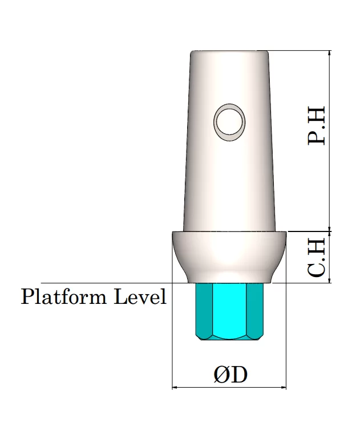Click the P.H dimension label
[x=317, y=125]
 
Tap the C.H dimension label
[x=317, y=258]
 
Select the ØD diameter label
[x=230, y=375]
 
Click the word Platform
[x=64, y=296]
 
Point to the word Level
[x=140, y=296]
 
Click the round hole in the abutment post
[x=229, y=123]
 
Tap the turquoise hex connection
[x=229, y=311]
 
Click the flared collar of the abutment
[x=229, y=257]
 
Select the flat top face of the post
[x=229, y=51]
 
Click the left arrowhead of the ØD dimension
[x=175, y=387]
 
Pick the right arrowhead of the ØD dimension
[x=284, y=387]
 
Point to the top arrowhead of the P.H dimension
[x=329, y=53]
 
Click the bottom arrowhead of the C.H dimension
[x=329, y=280]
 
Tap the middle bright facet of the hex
[x=229, y=310]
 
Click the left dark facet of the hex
[x=204, y=310]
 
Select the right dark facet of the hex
[x=255, y=310]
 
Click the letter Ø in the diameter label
[x=221, y=375]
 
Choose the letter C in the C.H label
[x=317, y=269]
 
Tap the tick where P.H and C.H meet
[x=329, y=231]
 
